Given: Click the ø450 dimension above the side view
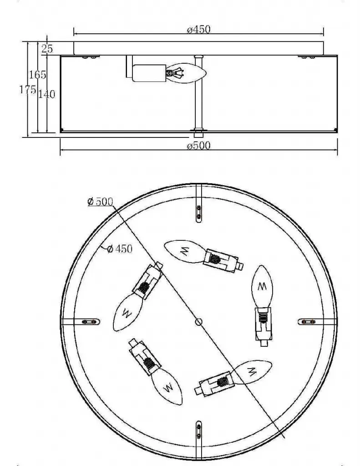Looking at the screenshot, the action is (x=198, y=30).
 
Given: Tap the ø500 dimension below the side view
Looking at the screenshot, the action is (x=198, y=146).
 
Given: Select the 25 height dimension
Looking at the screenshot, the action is (x=47, y=48).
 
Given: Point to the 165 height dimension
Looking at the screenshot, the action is (x=37, y=75).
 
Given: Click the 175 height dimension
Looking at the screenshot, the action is (x=28, y=90).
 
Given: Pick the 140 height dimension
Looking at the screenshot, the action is (x=47, y=94).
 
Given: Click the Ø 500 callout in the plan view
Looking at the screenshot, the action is (x=101, y=202).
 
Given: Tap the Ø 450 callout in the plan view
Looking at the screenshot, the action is (x=120, y=248).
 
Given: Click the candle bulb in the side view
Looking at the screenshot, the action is (x=186, y=73).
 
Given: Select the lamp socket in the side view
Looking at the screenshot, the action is (x=149, y=73).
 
